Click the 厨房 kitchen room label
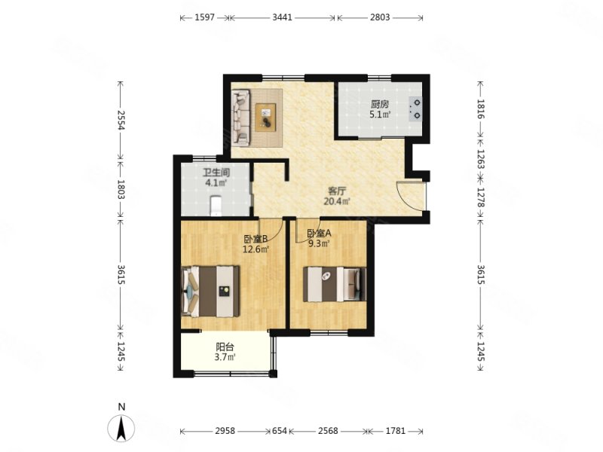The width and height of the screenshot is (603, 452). coord(380,104)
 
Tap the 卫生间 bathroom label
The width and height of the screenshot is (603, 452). coord(216,173)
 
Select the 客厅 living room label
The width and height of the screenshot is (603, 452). coord(337,191)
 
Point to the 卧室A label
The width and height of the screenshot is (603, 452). coord(319,233)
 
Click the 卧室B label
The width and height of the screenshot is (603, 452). coord(256,240)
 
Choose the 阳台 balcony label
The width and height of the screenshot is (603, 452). coord(225,347)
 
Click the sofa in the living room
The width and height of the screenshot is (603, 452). coord(241,118)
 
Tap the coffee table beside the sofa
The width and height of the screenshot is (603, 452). coord(266,118)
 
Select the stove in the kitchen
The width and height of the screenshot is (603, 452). coord(415,108)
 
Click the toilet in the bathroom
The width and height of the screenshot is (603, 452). coord(216,206)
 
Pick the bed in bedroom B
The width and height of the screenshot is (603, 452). coord(210,292)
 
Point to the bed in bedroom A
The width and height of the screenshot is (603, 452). coord(334,285)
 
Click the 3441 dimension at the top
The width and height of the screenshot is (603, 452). coord(282,17)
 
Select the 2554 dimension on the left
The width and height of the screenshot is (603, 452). coord(121,120)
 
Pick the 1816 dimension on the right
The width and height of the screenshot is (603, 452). coord(481,108)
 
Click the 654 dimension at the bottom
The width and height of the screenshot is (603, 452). coord(280,431)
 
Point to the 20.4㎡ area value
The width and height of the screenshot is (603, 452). coord(337,201)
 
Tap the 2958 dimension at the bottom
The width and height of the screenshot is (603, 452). coord(225,431)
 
